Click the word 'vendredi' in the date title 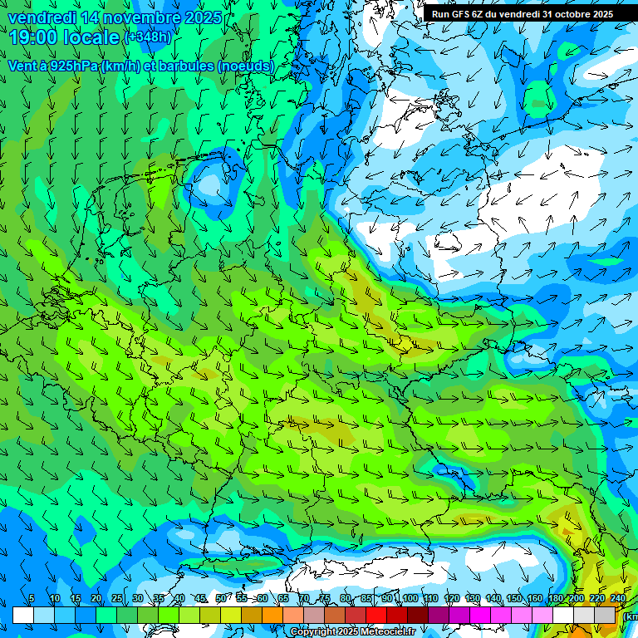click(40, 17)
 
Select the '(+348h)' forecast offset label click(148, 37)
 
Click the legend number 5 click(32, 599)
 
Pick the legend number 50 click(220, 599)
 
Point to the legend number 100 click(410, 599)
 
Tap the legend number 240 click(617, 599)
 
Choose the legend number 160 click(535, 599)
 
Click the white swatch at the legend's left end click(22, 615)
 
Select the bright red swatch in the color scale click(376, 615)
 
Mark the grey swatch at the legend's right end click(606, 615)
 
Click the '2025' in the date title click(202, 17)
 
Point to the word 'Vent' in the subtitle click(22, 66)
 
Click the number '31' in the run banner click(548, 14)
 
